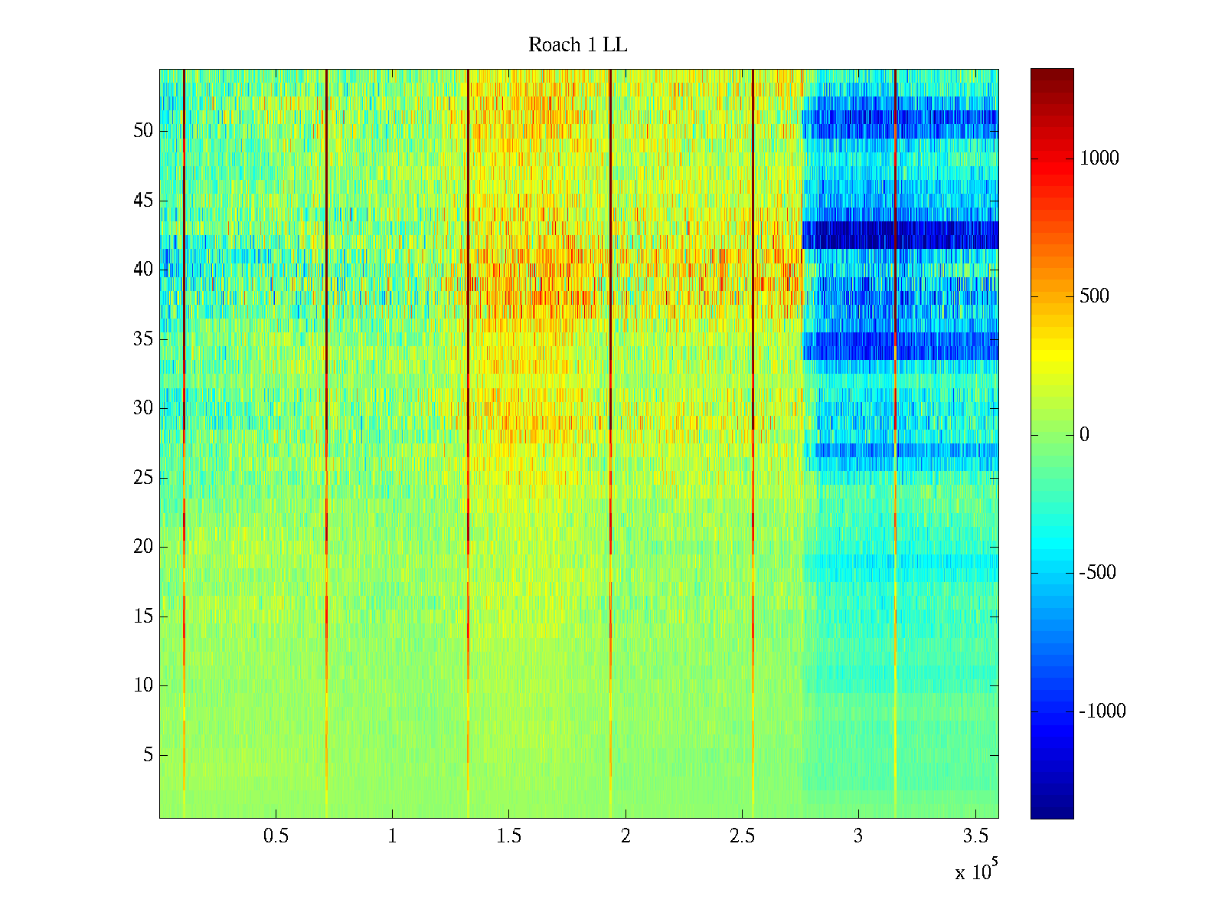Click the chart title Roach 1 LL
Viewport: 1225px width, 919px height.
[x=577, y=45]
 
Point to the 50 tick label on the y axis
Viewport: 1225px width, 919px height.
[x=143, y=131]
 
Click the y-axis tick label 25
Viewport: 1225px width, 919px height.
[x=143, y=478]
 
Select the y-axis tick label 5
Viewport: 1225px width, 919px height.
[x=148, y=755]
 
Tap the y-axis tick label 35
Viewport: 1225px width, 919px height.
[x=143, y=339]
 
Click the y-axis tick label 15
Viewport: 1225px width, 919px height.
[x=143, y=616]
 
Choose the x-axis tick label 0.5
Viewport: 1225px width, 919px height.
[x=276, y=836]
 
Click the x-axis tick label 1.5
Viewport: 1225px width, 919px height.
[x=509, y=836]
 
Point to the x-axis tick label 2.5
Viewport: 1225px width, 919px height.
[x=742, y=836]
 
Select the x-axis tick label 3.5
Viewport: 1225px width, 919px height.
[x=975, y=836]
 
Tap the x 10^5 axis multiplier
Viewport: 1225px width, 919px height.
[x=976, y=872]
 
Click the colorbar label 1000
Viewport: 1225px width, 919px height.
[x=1099, y=159]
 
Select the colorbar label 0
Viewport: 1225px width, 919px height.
[x=1084, y=435]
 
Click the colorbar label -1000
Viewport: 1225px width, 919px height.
[x=1102, y=711]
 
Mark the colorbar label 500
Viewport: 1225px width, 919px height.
[x=1095, y=297]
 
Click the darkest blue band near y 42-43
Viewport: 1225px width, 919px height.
[x=900, y=235]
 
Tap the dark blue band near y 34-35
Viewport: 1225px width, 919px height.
[x=900, y=346]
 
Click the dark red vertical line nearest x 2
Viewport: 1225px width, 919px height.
[x=610, y=306]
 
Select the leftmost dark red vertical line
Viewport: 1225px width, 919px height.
[x=185, y=306]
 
